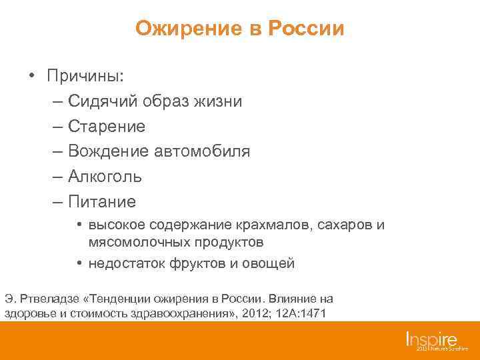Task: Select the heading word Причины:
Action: [x=85, y=75]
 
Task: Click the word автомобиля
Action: [x=203, y=151]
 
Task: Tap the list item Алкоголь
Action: [x=105, y=177]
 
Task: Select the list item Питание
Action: [x=101, y=202]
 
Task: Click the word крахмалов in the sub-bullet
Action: [x=271, y=225]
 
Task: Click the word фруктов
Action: [x=195, y=263]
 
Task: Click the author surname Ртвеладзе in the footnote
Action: [x=47, y=298]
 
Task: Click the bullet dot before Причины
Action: [x=31, y=75]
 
